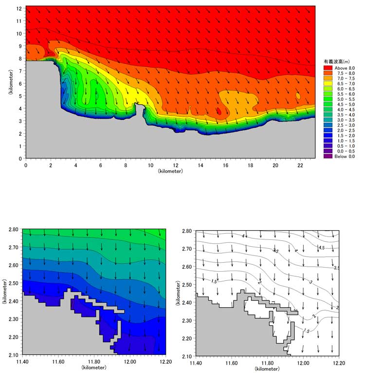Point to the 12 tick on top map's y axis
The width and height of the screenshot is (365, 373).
(x=20, y=9)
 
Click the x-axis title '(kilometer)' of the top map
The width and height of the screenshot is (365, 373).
(x=170, y=171)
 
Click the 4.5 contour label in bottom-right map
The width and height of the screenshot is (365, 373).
(x=321, y=248)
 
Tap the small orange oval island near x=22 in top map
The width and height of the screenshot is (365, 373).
(x=298, y=96)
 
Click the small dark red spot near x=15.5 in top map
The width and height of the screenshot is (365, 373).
(x=219, y=112)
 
